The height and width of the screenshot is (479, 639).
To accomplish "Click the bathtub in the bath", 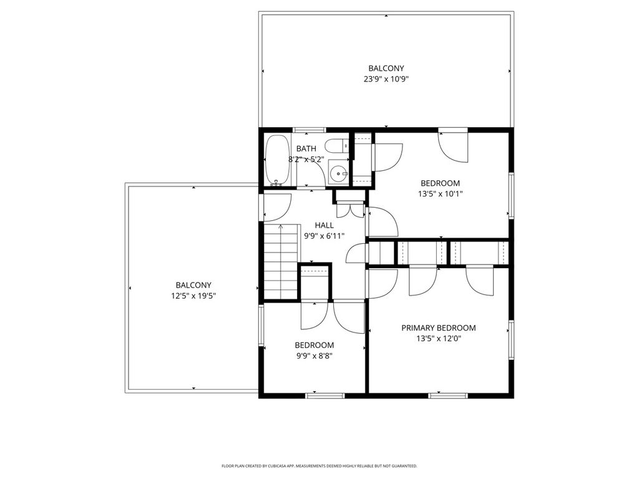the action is tap(278, 161).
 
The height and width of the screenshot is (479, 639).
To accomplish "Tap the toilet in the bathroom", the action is tap(338, 146).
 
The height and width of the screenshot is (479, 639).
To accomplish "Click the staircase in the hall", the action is tap(281, 261).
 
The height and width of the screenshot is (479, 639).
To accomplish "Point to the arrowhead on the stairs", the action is tap(280, 226).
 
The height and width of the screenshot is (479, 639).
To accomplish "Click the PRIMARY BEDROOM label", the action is tap(439, 328).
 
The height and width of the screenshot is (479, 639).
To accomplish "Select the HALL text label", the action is tap(324, 225).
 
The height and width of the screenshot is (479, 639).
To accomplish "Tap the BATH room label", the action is tap(306, 148).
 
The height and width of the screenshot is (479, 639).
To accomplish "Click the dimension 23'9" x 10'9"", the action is tap(386, 79).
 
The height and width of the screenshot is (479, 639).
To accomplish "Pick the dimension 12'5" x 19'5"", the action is tap(193, 296).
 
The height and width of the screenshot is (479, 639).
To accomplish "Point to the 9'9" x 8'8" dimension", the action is tap(315, 356).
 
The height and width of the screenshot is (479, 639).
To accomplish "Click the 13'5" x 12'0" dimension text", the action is tap(439, 339).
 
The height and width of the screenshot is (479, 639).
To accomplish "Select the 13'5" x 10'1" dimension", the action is tap(440, 194).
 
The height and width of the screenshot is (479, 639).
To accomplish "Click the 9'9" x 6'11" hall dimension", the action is tap(324, 236).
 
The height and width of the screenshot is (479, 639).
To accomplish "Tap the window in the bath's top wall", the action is tap(310, 130).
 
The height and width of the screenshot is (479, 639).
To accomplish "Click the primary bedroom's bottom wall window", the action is tap(448, 395).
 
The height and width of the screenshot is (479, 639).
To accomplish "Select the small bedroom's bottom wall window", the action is tap(325, 395).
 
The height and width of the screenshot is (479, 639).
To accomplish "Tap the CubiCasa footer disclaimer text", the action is tap(319, 465).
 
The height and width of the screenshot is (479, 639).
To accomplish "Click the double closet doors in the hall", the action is tap(350, 210).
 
